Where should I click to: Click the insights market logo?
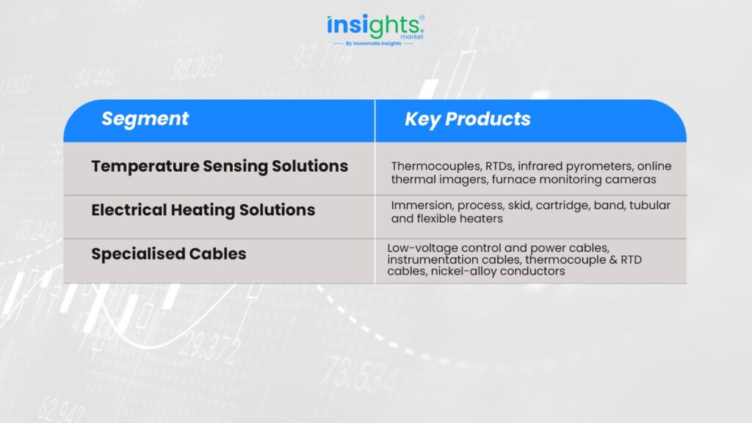tap(375, 30)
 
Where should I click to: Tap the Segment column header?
tap(145, 119)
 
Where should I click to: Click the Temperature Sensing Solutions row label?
tap(220, 166)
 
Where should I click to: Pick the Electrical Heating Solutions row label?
tap(203, 210)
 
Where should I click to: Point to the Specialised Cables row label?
tap(169, 253)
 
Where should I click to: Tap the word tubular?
tap(650, 206)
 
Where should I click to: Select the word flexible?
tap(436, 219)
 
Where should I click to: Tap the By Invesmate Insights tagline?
tap(374, 43)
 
